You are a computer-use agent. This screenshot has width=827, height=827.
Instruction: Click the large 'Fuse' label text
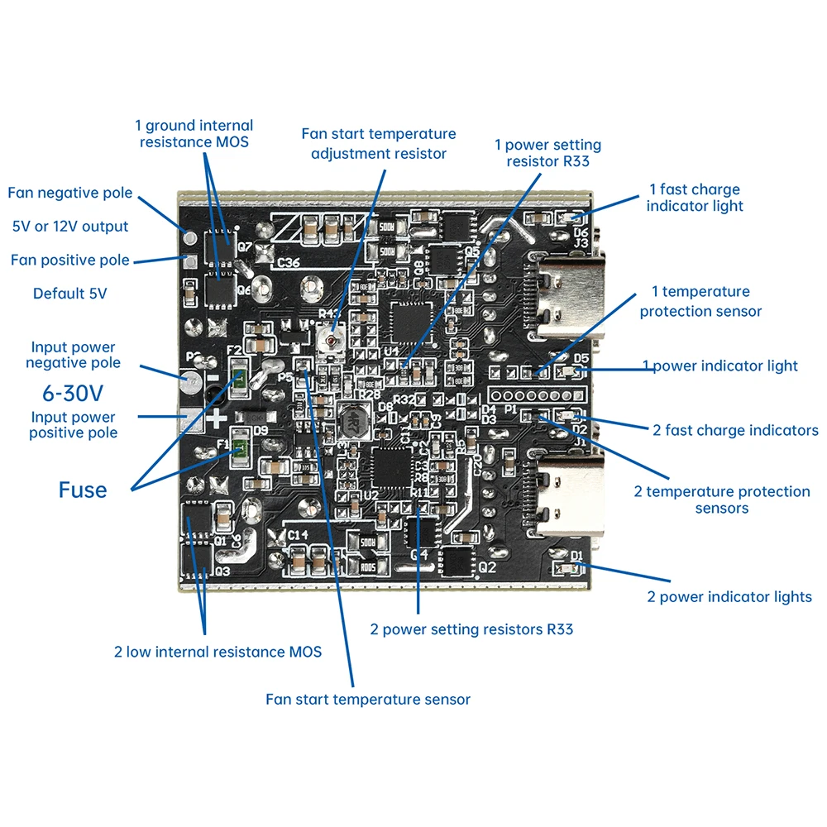(83, 490)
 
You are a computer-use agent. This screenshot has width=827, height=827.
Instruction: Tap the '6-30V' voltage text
(73, 390)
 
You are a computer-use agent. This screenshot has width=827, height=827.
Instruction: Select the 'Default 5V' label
(70, 294)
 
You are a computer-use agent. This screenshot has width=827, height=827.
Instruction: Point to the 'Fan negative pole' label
(70, 193)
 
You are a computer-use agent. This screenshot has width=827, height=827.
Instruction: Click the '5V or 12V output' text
(70, 227)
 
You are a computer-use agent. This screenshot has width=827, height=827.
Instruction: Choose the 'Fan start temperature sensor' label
(368, 700)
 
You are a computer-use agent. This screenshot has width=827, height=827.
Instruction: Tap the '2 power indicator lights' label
(729, 597)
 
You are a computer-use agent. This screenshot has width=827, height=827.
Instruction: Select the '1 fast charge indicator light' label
(695, 198)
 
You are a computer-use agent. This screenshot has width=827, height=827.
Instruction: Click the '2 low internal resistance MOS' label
(218, 652)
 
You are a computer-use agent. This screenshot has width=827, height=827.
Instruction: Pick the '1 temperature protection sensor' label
(700, 301)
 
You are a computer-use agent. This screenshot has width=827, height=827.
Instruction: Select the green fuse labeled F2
(237, 380)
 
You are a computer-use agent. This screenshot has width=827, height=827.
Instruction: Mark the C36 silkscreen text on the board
(288, 262)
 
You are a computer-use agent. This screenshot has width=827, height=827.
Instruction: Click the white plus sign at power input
(216, 419)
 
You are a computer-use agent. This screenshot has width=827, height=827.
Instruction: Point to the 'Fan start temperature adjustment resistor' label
(378, 143)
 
